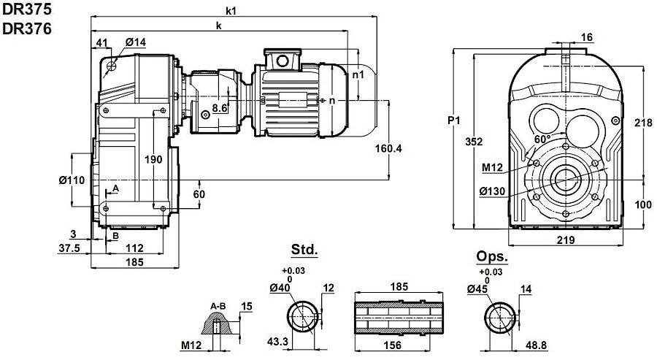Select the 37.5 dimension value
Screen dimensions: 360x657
(x=70, y=248)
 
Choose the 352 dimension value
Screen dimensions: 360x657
(x=474, y=142)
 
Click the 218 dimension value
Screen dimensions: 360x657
(x=642, y=123)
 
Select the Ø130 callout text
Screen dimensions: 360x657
(x=493, y=191)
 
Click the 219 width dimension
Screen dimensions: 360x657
(x=566, y=240)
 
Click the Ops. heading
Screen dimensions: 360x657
(x=491, y=256)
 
